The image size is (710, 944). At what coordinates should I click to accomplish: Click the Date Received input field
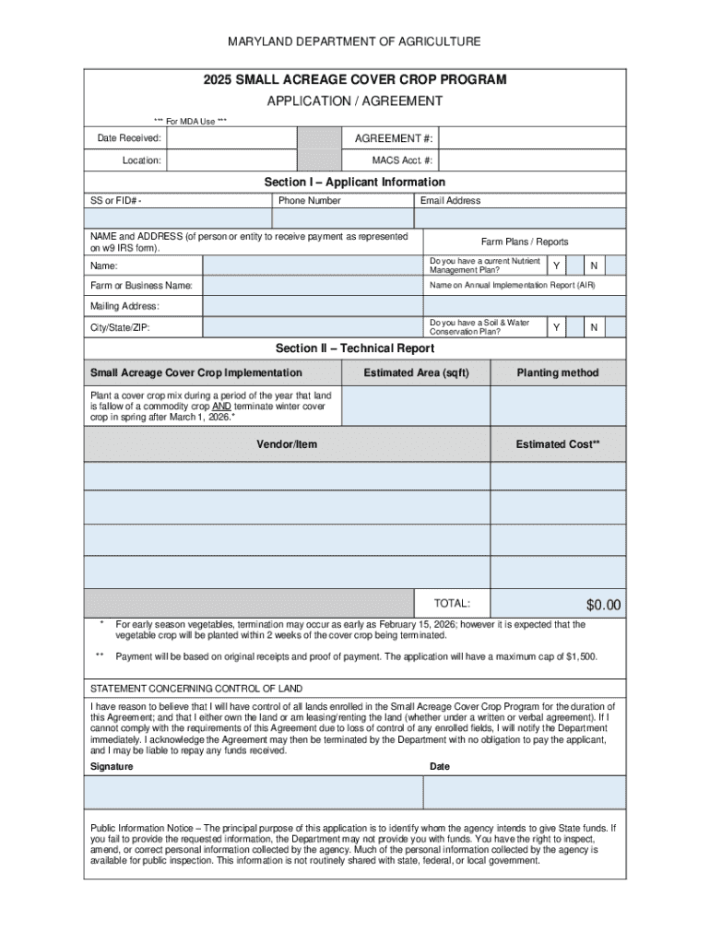[231, 138]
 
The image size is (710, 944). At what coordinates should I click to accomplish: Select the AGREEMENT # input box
[532, 138]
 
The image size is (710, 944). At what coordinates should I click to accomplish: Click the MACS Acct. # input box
[532, 160]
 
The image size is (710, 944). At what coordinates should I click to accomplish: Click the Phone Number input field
[342, 218]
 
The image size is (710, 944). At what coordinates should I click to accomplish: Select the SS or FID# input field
[177, 218]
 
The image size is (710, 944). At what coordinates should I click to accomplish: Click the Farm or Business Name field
[312, 286]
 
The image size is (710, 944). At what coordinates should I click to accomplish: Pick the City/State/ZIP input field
[312, 327]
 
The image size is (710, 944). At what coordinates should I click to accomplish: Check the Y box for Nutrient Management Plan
[556, 266]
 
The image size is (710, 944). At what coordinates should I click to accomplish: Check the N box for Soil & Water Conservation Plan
[595, 327]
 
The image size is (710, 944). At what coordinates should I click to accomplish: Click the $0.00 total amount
[604, 605]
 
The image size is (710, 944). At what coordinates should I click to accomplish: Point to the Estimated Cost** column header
[558, 444]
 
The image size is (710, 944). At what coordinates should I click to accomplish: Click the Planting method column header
[558, 372]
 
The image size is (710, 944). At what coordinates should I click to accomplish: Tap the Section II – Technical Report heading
[355, 348]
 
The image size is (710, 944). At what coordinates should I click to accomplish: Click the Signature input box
[254, 792]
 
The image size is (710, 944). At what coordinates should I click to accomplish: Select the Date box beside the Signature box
[524, 792]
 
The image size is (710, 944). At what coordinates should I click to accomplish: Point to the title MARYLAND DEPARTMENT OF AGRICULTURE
[355, 41]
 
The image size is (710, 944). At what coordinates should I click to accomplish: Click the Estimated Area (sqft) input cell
[415, 406]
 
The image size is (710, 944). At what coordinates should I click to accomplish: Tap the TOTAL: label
[452, 604]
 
